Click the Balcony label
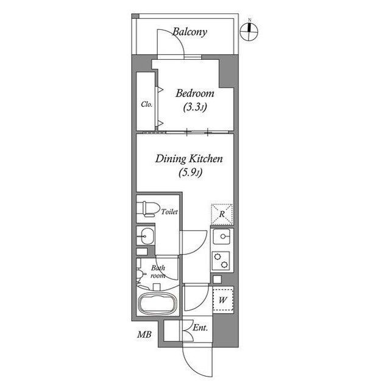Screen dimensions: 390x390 [x=190, y=32]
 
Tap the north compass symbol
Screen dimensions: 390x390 [x=249, y=31]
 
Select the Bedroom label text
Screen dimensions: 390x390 [x=195, y=93]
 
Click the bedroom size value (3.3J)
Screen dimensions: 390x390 [x=195, y=107]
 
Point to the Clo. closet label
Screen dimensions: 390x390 [x=146, y=104]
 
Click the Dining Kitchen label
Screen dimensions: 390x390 [x=189, y=159]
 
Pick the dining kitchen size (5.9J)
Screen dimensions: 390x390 [x=190, y=172]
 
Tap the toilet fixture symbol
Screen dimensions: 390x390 [x=148, y=209]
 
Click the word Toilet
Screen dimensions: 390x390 [x=169, y=212]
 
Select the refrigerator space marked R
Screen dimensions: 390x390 [x=222, y=214]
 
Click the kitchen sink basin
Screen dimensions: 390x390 [x=221, y=237]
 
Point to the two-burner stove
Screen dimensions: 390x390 [x=221, y=260]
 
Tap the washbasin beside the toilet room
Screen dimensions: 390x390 [x=146, y=236]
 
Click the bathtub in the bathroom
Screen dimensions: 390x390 [x=158, y=304]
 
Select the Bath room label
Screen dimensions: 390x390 [x=158, y=272]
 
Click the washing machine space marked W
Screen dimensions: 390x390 [x=223, y=300]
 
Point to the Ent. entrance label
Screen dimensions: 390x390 [x=200, y=328]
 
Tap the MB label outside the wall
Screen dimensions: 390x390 [x=144, y=334]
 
